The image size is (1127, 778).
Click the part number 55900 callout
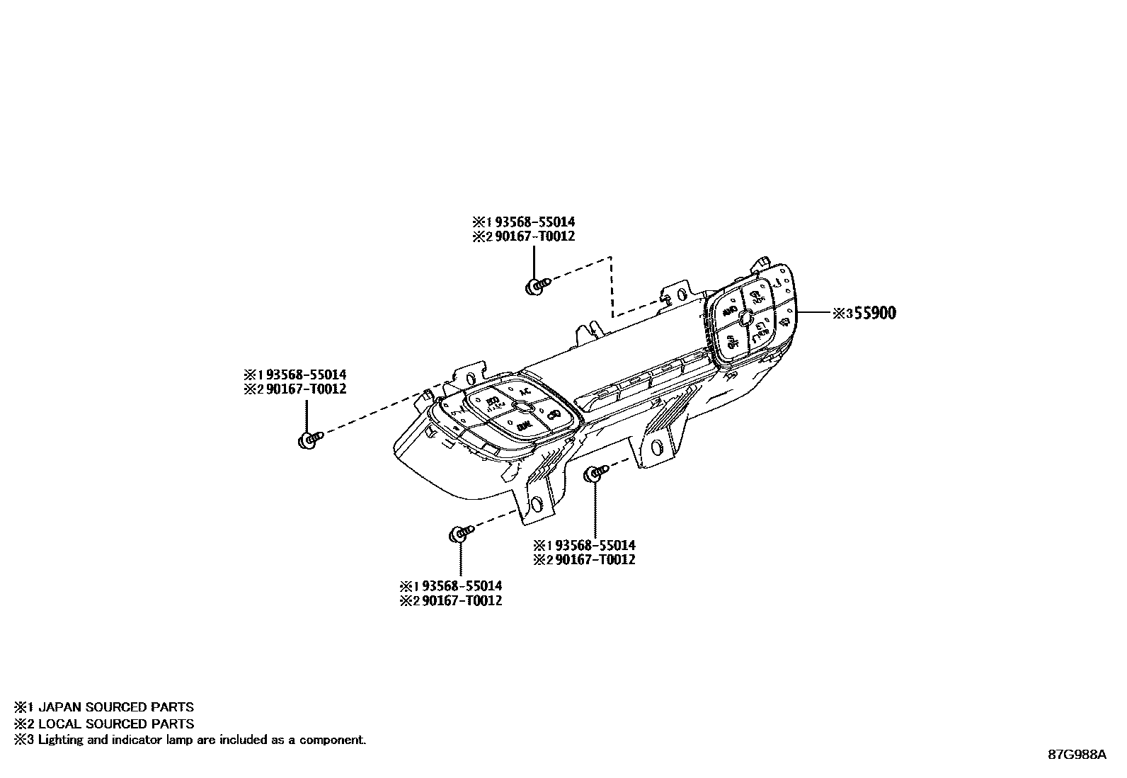[874, 313]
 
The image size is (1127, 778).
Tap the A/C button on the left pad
[525, 391]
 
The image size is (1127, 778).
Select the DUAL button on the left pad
[524, 425]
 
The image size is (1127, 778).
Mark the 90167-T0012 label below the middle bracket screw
[594, 560]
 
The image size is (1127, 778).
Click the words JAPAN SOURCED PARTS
[115, 707]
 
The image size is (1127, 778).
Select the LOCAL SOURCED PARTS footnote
[115, 723]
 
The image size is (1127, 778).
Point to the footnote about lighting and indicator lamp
[202, 740]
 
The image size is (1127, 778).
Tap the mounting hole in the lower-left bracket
[537, 504]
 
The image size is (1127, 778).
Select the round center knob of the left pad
[521, 406]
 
